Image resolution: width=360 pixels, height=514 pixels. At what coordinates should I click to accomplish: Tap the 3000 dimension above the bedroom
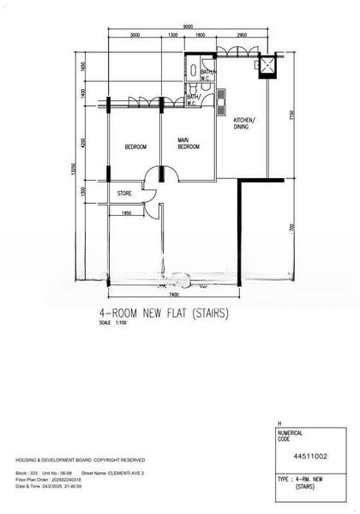(x=135, y=35)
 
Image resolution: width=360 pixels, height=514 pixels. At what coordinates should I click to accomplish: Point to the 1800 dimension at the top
(x=200, y=35)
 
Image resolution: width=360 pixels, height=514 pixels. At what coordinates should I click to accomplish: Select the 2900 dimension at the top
(x=242, y=35)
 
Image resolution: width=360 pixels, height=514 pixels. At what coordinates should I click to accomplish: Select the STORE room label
(x=124, y=194)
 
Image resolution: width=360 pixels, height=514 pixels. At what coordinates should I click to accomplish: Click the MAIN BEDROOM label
(x=189, y=143)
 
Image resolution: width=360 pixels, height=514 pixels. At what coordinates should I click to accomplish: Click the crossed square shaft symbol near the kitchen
(x=267, y=65)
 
